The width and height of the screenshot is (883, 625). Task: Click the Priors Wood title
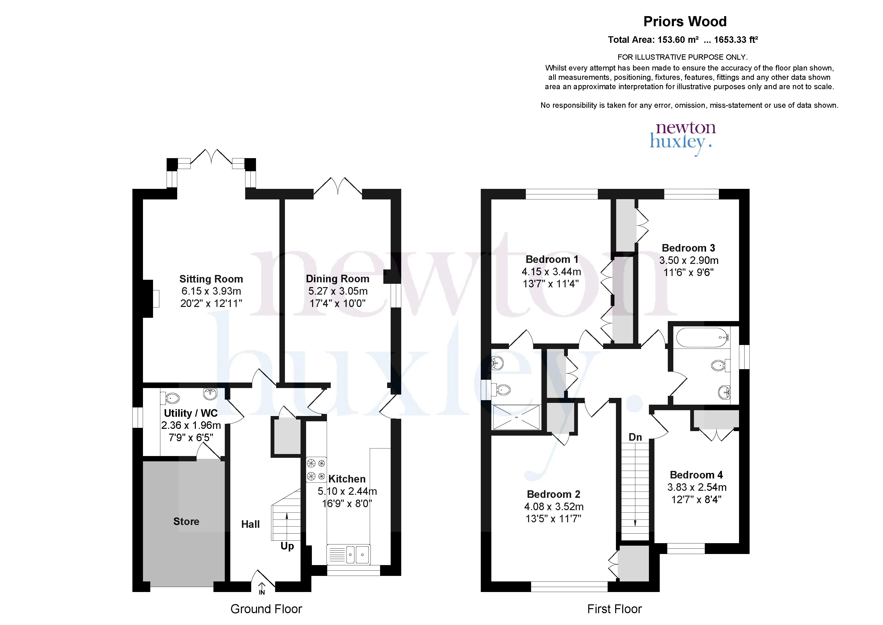[685, 22]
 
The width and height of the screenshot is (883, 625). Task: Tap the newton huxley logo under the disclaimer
[681, 138]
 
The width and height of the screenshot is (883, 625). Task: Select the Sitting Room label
[211, 279]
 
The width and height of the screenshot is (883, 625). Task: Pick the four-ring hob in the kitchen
[316, 470]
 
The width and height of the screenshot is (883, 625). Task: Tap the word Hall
[250, 524]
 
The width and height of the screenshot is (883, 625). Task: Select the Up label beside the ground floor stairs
[287, 546]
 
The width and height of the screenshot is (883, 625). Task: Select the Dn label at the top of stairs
[635, 437]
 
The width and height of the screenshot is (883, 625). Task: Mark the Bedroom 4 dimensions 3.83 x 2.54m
[697, 487]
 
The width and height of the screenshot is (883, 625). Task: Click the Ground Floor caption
[266, 609]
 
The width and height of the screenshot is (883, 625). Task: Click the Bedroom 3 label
[688, 248]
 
